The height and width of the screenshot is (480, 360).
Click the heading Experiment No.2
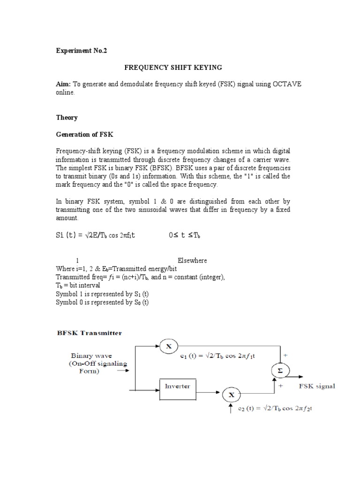tap(82, 51)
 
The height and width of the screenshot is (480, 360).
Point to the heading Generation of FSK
tap(85, 135)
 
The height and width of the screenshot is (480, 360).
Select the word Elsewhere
tap(192, 260)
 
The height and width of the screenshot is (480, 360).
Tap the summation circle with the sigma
tap(280, 371)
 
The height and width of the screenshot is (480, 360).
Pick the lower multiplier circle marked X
tap(231, 395)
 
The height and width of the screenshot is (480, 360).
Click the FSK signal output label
tap(317, 386)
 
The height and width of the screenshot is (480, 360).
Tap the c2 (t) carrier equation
tap(276, 409)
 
